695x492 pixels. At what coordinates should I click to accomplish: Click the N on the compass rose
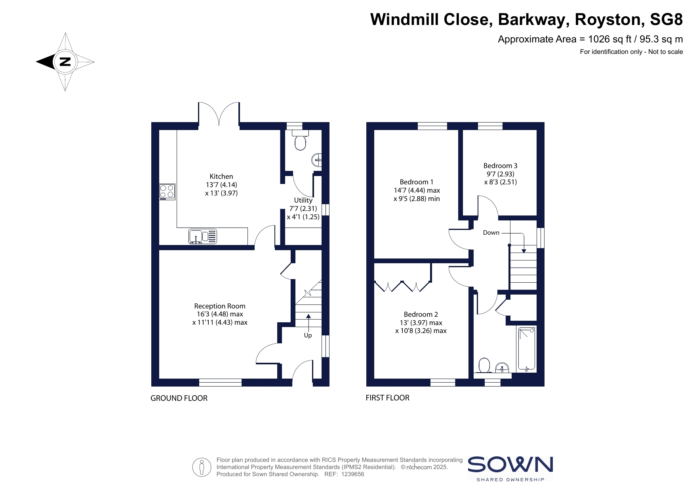65,62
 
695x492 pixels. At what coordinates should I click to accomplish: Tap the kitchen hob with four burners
167,192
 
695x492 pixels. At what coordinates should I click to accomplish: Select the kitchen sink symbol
203,236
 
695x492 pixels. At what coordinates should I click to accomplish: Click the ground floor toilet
301,140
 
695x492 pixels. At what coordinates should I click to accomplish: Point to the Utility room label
303,200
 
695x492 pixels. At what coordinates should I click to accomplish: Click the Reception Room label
220,306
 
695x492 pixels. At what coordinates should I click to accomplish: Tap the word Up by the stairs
308,335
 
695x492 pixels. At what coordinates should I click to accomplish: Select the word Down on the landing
491,233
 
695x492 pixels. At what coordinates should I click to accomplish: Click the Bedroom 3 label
500,166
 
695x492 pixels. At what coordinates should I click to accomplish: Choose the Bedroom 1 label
417,182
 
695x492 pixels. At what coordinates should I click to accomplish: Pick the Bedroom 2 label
421,314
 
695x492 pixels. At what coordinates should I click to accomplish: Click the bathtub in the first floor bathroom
527,349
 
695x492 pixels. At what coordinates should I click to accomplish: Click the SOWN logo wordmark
510,464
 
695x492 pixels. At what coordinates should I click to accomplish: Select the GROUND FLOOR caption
179,398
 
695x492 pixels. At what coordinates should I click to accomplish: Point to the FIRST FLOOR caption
387,398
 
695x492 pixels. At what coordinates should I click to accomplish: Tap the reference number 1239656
352,474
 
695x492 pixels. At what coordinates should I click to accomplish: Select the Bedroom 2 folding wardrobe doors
403,286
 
